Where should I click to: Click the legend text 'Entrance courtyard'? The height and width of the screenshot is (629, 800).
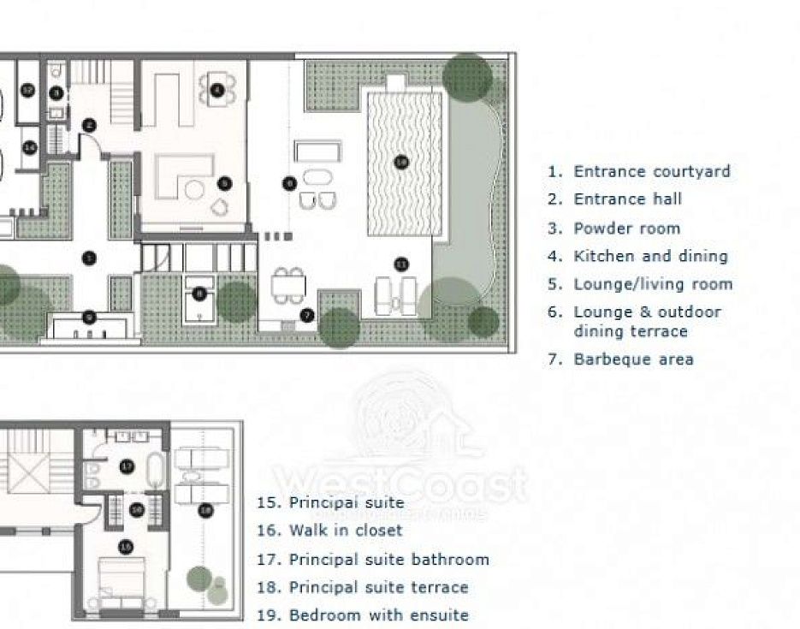651,171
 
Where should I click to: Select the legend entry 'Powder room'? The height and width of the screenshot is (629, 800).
626,228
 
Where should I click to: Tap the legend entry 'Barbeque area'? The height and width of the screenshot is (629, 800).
632,359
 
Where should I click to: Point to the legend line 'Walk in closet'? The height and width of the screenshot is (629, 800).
345,531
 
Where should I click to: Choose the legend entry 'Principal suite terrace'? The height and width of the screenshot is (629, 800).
378,588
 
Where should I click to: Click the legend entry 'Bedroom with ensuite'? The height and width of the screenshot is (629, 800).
378,615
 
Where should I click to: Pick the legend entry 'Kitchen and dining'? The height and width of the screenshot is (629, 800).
650,256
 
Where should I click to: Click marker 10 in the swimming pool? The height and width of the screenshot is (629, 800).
400,161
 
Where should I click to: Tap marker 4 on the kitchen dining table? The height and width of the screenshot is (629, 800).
216,89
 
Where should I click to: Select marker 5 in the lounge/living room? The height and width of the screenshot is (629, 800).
224,182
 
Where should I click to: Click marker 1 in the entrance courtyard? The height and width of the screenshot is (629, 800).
88,258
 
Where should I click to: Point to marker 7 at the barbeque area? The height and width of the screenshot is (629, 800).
308,315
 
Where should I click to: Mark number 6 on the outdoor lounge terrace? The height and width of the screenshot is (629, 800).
289,182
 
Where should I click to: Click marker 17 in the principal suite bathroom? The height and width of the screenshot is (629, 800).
127,466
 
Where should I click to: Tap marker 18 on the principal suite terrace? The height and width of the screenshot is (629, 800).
205,511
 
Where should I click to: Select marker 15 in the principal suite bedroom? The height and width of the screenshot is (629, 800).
126,546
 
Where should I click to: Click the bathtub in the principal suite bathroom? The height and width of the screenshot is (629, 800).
156,471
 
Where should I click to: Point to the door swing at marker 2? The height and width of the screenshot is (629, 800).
99,146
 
